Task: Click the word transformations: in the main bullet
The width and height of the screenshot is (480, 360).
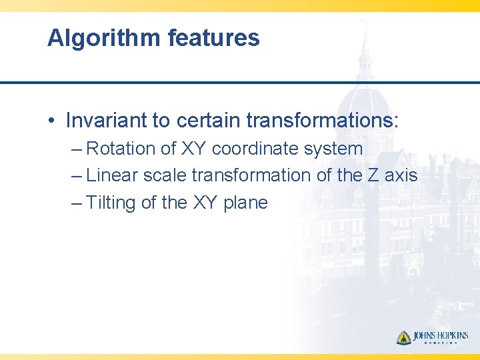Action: [x=322, y=121]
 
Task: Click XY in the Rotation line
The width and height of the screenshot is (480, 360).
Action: [x=194, y=149]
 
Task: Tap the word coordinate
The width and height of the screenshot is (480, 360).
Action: [x=255, y=149]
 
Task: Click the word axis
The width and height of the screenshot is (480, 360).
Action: [x=401, y=176]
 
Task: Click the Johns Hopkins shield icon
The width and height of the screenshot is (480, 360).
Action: [x=403, y=337]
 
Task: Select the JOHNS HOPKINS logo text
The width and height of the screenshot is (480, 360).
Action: [x=440, y=335]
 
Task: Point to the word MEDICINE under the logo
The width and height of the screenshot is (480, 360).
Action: [x=440, y=344]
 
